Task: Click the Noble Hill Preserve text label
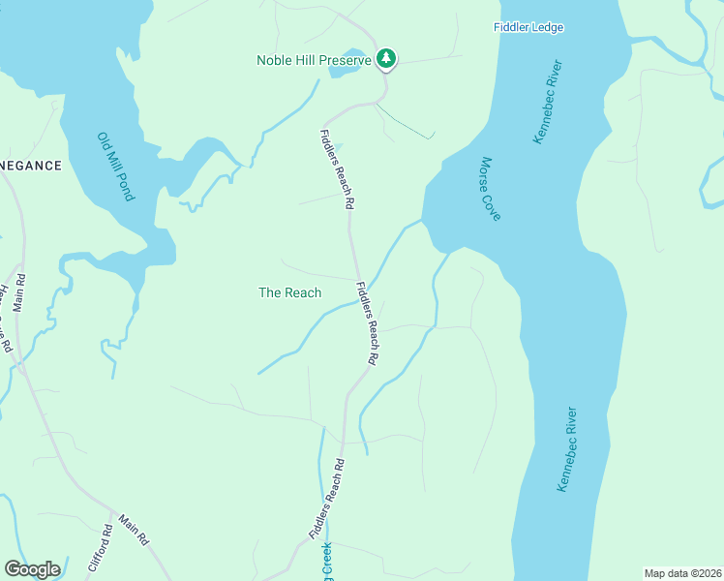(315, 60)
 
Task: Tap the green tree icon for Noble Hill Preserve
(386, 59)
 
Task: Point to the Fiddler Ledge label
(528, 28)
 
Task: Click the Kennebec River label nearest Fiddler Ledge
(548, 103)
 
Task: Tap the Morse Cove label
(491, 189)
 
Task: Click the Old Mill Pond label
(115, 167)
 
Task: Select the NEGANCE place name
(30, 166)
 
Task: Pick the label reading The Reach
(289, 292)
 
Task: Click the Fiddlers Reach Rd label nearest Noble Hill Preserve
(336, 169)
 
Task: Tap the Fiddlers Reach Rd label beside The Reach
(367, 322)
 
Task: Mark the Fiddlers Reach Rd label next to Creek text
(327, 498)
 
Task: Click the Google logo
(32, 569)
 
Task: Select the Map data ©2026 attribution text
(682, 573)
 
